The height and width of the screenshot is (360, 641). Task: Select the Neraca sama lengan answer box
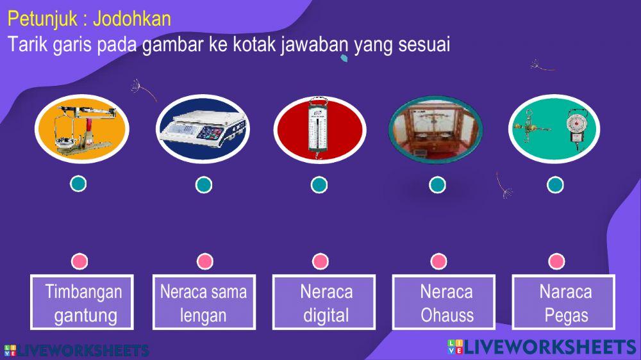click(x=203, y=303)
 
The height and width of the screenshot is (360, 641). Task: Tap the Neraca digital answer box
click(x=326, y=303)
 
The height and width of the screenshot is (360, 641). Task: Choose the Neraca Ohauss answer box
click(x=446, y=303)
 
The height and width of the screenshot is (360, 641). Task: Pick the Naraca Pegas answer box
click(x=565, y=303)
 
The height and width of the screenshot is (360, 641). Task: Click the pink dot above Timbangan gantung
click(x=79, y=261)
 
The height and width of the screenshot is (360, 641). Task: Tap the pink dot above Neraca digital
click(x=320, y=261)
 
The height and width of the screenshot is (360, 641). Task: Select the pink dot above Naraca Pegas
click(x=556, y=261)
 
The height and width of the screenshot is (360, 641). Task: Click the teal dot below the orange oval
click(x=78, y=184)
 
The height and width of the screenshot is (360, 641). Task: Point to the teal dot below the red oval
click(x=319, y=185)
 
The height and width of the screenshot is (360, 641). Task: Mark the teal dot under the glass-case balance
click(x=437, y=185)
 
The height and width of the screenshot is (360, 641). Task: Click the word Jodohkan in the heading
click(x=132, y=19)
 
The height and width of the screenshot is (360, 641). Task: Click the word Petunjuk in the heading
click(x=40, y=19)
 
